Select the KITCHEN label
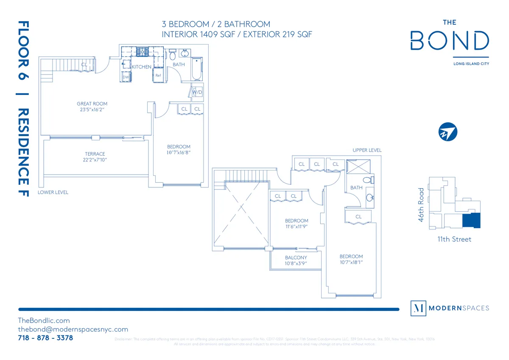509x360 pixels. pos(141,67)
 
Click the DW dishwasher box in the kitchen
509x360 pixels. pos(126,77)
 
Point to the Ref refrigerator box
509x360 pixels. pos(158,75)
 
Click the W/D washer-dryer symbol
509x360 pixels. pos(197,92)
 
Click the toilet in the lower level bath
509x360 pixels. pos(173,56)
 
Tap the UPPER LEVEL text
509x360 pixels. pos(367,150)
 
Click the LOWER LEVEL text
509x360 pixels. pos(53,192)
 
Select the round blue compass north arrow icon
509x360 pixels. pos(448,132)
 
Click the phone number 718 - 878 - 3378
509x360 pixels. pos(45,338)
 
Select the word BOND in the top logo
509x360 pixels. pos(450,41)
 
